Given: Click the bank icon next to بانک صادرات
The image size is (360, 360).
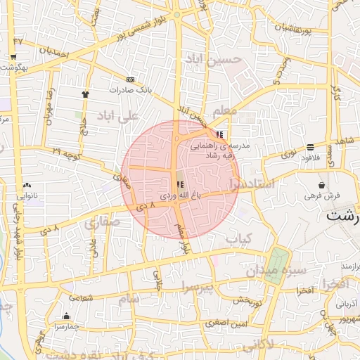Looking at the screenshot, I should [x=130, y=79].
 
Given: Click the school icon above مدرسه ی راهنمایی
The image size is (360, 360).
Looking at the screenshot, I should [x=220, y=134].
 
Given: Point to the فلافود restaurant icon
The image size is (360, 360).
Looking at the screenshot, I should [x=310, y=147].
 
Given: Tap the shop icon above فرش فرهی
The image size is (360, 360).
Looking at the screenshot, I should [x=321, y=184].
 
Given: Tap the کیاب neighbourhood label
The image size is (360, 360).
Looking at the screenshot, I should [x=238, y=239].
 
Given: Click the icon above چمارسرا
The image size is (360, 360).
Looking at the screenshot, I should [x=66, y=316].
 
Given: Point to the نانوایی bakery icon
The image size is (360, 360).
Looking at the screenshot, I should [x=26, y=186].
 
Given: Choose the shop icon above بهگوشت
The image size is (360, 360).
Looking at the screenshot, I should [x=13, y=57].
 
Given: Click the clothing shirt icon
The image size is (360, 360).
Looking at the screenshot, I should [x=86, y=93].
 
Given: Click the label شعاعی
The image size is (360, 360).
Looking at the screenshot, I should [x=80, y=298].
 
